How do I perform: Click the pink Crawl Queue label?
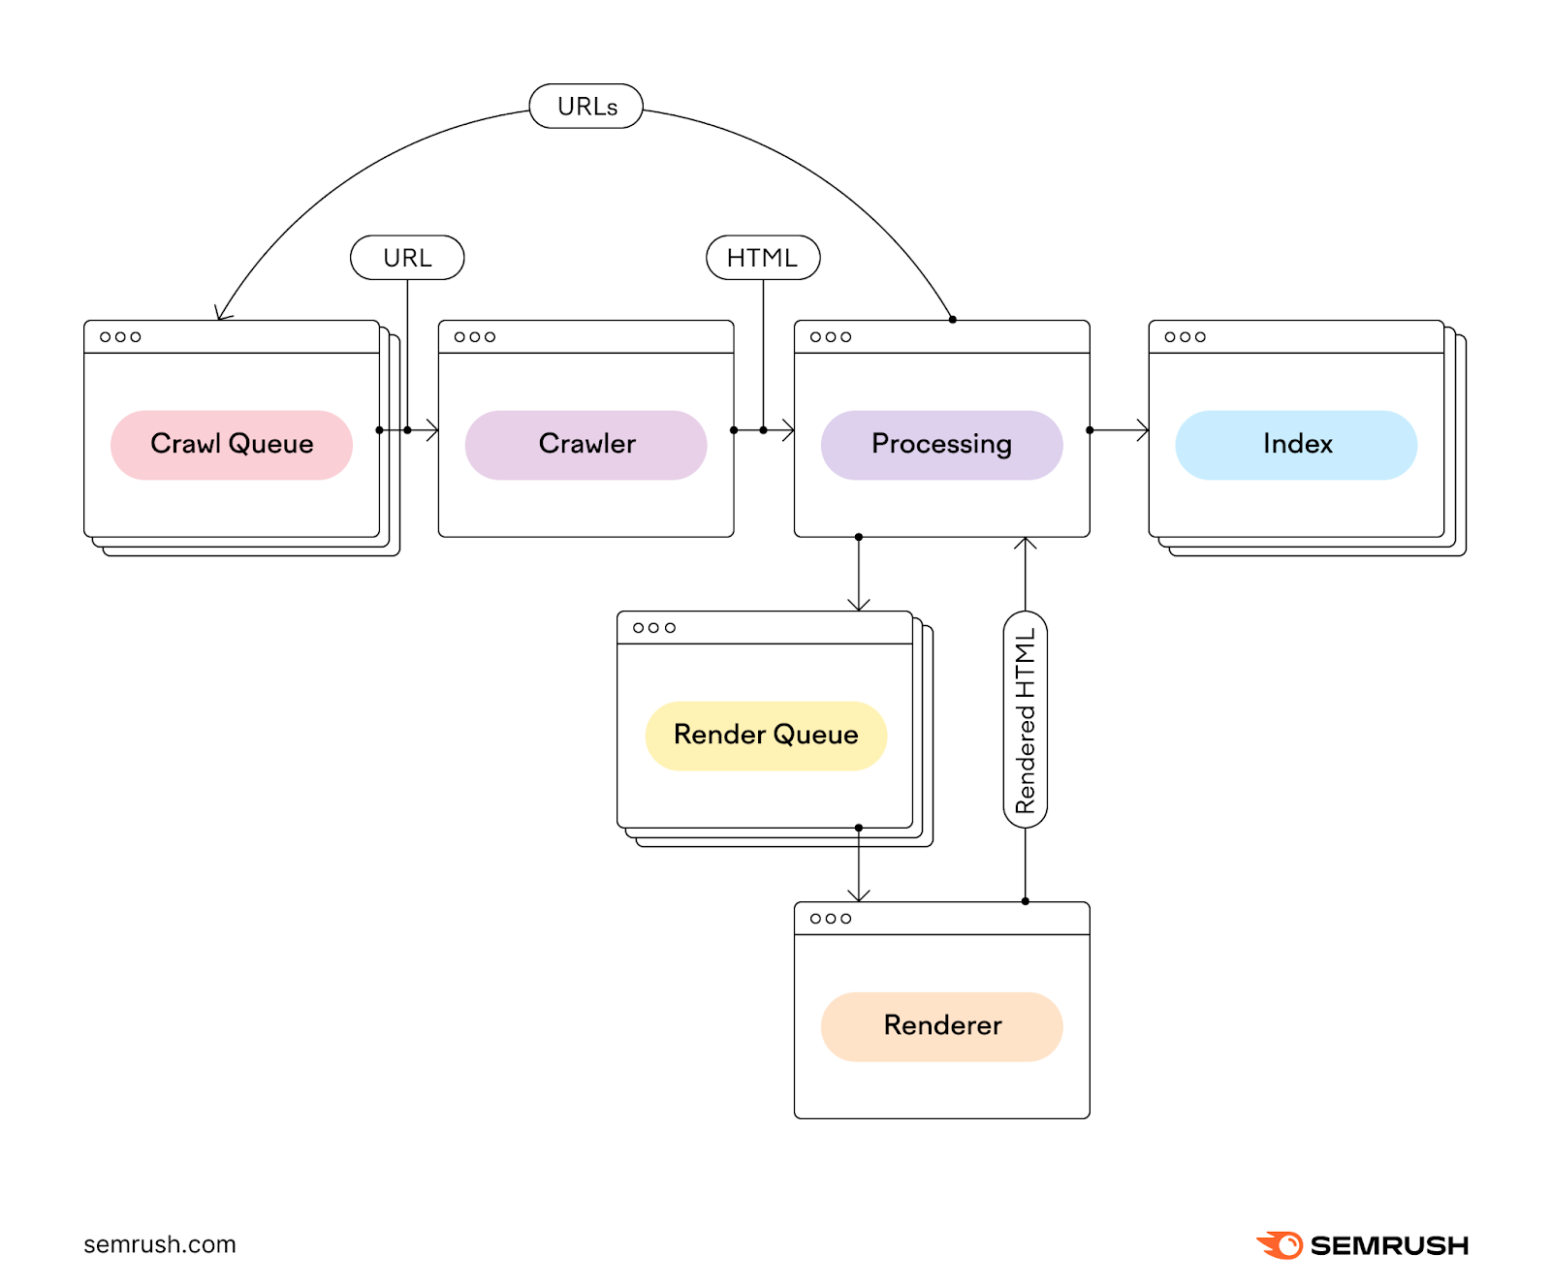(232, 445)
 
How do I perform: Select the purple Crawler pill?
(586, 445)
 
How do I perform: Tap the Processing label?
(941, 445)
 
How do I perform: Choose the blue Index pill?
(1296, 445)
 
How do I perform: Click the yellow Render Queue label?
(766, 736)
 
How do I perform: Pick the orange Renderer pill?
(941, 1026)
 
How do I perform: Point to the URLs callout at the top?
(586, 107)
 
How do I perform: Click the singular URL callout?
(407, 258)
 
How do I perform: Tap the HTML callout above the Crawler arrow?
(763, 258)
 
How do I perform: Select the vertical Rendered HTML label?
(1026, 720)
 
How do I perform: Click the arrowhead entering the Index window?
(1143, 430)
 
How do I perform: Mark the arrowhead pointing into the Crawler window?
(432, 430)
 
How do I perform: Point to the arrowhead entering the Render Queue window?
(859, 605)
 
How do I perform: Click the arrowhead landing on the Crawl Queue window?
(222, 313)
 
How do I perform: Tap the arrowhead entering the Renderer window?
(859, 895)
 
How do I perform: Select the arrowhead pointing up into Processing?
(1026, 543)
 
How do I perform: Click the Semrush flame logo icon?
(1280, 1245)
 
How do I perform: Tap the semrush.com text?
(160, 1244)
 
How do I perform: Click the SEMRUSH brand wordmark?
(1389, 1245)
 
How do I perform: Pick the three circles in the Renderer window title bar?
(831, 919)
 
